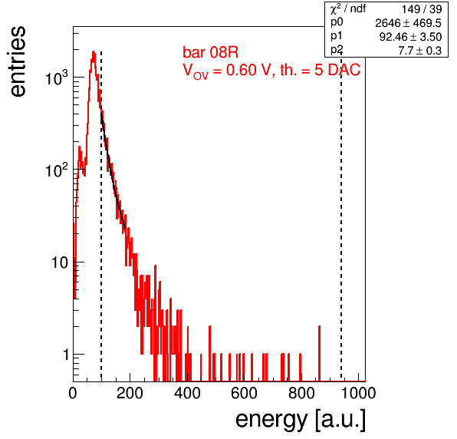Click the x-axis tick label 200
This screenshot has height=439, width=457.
click(x=130, y=393)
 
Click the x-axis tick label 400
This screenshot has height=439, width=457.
click(x=187, y=393)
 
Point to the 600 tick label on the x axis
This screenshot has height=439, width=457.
click(x=245, y=393)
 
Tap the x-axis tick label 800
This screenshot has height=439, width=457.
click(x=301, y=393)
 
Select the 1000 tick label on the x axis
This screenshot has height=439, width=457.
click(x=358, y=393)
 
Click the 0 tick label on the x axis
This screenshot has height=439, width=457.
click(x=73, y=393)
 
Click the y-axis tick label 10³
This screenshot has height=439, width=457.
click(x=57, y=78)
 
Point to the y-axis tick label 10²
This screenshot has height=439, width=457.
click(x=57, y=170)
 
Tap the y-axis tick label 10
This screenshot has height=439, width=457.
click(x=60, y=262)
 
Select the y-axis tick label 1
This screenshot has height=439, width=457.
click(x=66, y=355)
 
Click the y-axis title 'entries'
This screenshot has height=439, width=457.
click(x=18, y=61)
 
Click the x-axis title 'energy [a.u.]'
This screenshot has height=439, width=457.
click(x=301, y=420)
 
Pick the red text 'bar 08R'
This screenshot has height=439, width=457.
click(x=210, y=52)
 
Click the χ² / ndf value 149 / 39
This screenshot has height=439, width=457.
click(x=422, y=9)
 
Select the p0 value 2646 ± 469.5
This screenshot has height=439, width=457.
click(x=409, y=23)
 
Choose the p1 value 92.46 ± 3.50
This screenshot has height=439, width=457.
click(x=411, y=37)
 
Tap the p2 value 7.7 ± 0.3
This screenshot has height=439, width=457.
click(x=420, y=51)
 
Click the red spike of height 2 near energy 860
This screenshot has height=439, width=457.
click(x=320, y=354)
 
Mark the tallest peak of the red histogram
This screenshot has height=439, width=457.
click(x=94, y=51)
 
